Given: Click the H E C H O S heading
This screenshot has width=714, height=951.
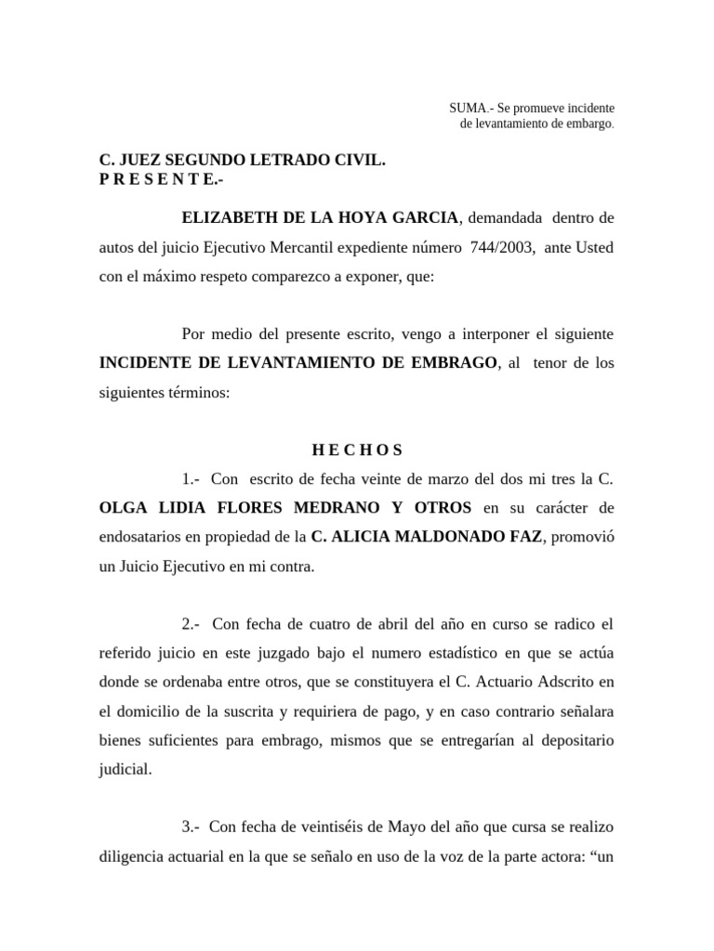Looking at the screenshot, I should click(x=357, y=450).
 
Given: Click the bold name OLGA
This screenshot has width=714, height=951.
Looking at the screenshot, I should click(x=123, y=508).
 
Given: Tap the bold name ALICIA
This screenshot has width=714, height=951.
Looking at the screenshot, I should click(x=358, y=537).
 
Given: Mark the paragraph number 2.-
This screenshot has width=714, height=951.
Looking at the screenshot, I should click(x=195, y=623).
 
